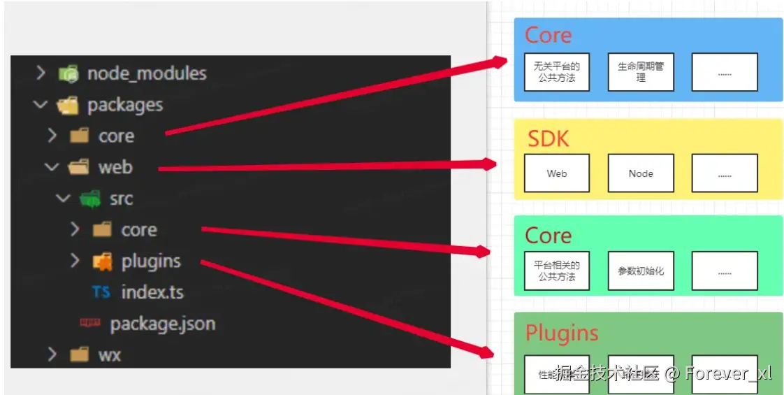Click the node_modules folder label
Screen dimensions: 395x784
pyautogui.click(x=147, y=73)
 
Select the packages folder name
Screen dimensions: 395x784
pyautogui.click(x=125, y=106)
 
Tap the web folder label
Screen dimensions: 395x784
pyautogui.click(x=115, y=168)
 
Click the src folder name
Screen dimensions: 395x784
pyautogui.click(x=121, y=199)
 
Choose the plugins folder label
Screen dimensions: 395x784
pyautogui.click(x=151, y=261)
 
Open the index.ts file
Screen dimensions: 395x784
pyautogui.click(x=152, y=292)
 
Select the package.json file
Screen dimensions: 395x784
pyautogui.click(x=162, y=324)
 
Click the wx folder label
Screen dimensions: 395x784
pyautogui.click(x=110, y=355)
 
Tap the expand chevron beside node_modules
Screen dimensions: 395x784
pyautogui.click(x=41, y=73)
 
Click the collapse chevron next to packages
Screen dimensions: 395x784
pyautogui.click(x=41, y=105)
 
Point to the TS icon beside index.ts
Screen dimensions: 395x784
pyautogui.click(x=101, y=292)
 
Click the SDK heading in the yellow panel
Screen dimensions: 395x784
pyautogui.click(x=548, y=138)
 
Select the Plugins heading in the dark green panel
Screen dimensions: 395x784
pyautogui.click(x=562, y=333)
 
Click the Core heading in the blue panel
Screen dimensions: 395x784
pyautogui.click(x=548, y=35)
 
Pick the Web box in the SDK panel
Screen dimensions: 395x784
pyautogui.click(x=557, y=173)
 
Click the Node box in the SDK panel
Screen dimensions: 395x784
pyautogui.click(x=641, y=173)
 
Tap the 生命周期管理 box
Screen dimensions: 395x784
pyautogui.click(x=641, y=72)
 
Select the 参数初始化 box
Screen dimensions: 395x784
pyautogui.click(x=641, y=271)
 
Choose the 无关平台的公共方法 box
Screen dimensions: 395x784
pyautogui.click(x=557, y=72)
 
